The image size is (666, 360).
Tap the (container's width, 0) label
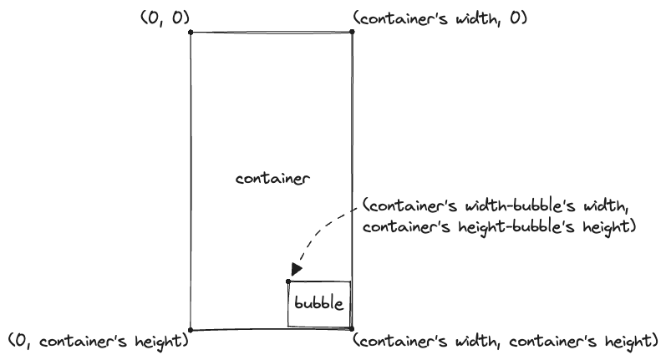440,18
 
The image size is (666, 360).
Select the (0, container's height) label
98,342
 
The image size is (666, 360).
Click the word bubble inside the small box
317,304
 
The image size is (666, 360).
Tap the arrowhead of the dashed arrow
297,270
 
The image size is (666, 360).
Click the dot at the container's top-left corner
191,33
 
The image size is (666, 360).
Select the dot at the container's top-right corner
352,33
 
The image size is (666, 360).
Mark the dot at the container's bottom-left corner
191,329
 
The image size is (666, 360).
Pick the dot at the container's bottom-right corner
352,328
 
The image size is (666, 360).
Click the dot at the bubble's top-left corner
288,281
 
